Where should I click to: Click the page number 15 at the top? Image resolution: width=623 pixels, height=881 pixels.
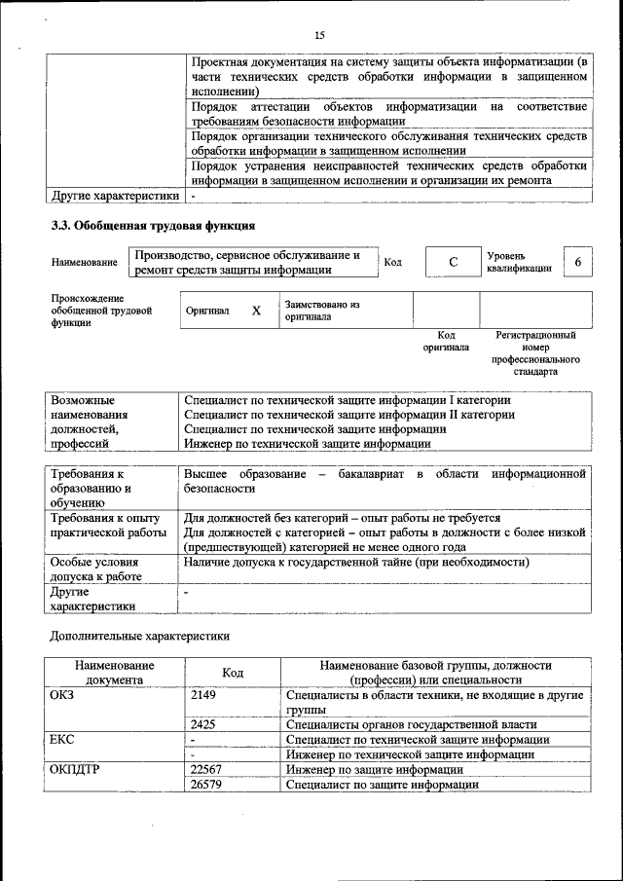318,35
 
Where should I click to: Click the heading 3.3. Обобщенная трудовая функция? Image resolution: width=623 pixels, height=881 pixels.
153,226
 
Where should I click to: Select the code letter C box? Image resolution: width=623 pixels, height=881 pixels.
454,263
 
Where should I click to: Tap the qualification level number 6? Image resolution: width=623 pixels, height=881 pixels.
578,263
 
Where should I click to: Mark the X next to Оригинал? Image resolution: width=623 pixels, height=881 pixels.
256,311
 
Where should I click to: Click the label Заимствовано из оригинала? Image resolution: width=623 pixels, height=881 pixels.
322,311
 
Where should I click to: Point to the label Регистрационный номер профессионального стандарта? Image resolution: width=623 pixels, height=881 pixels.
536,352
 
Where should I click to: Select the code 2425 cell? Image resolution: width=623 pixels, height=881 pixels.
203,724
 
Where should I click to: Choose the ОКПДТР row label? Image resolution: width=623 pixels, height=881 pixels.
75,769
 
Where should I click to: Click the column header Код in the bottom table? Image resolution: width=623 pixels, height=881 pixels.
233,673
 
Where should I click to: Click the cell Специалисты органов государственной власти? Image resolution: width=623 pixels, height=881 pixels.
412,724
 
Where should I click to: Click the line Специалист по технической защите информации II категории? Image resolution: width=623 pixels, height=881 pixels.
349,415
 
